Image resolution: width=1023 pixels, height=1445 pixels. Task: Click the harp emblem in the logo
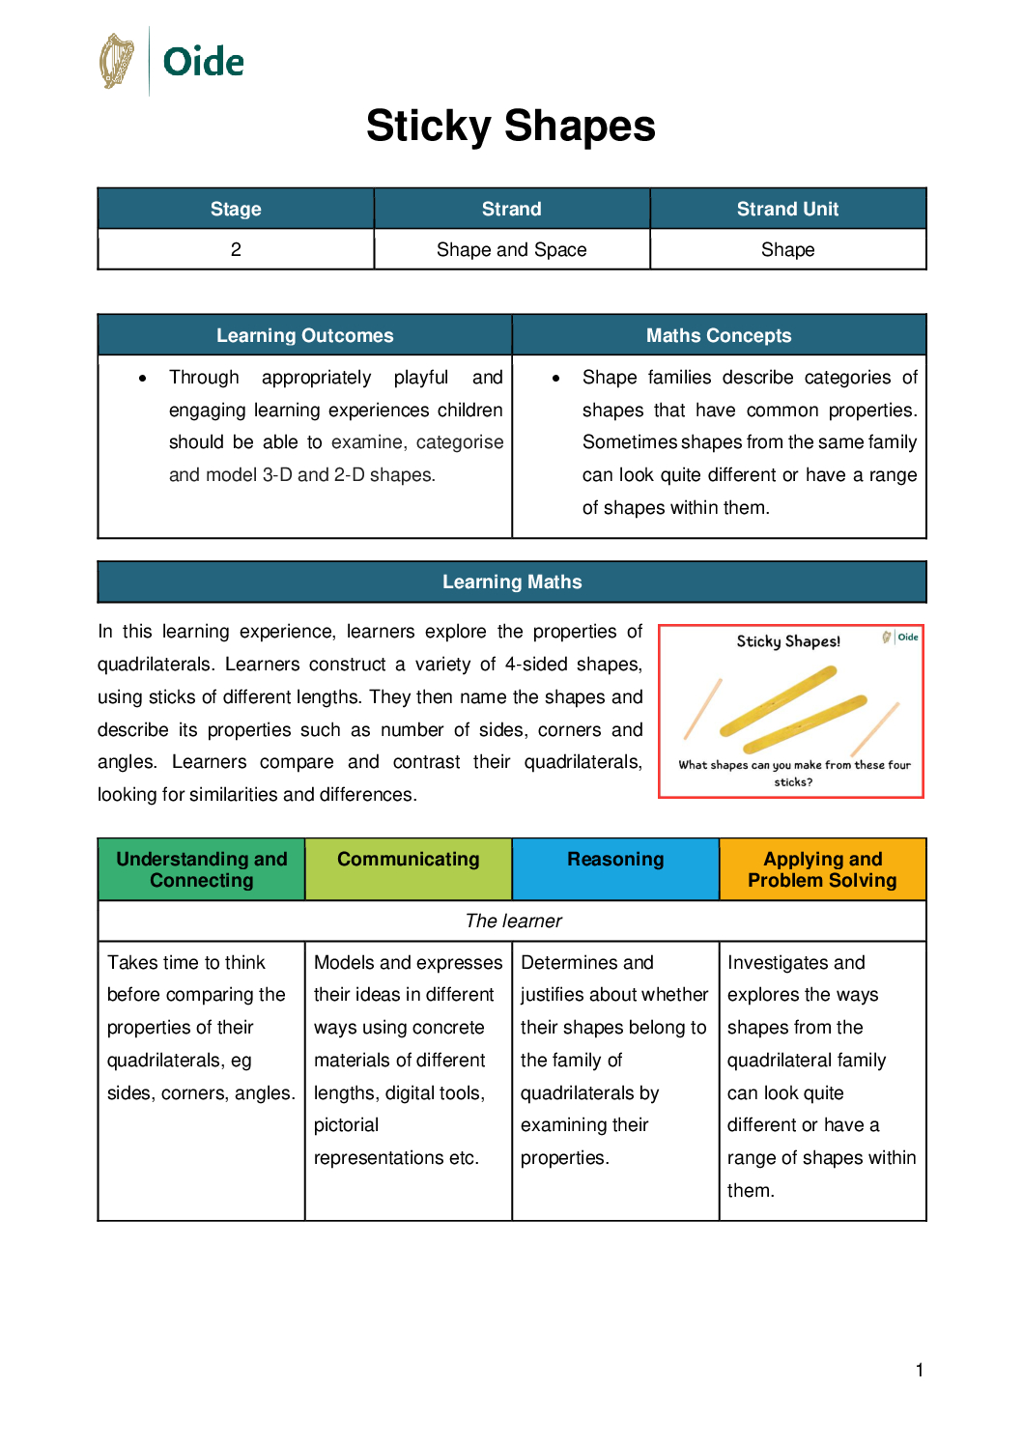click(117, 61)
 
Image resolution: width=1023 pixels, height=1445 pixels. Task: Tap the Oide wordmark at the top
click(203, 62)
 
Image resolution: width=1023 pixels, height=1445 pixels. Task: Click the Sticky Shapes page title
click(511, 126)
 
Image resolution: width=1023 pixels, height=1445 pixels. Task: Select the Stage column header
click(236, 209)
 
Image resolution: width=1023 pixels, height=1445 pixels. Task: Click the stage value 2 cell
click(236, 249)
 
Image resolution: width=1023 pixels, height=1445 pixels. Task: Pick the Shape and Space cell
click(511, 249)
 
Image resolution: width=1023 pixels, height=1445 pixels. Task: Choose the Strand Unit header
click(787, 209)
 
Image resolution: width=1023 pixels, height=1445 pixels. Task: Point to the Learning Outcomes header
click(304, 335)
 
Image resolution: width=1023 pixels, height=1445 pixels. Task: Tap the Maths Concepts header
click(719, 335)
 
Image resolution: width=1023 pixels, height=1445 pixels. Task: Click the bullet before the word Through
click(143, 378)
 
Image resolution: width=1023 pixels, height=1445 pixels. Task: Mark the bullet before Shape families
click(555, 378)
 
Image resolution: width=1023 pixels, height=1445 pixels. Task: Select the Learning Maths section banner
click(512, 581)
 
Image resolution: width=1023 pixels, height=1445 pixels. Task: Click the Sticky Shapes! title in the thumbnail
click(788, 641)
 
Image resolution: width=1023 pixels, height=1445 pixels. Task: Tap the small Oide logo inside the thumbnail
click(901, 637)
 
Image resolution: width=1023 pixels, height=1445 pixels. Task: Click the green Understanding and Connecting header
click(202, 869)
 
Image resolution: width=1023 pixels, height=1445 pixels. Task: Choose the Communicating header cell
click(408, 860)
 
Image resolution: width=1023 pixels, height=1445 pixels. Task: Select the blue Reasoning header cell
click(615, 860)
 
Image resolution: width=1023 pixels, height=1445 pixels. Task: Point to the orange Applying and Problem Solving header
click(822, 869)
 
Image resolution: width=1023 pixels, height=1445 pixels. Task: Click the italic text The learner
click(513, 921)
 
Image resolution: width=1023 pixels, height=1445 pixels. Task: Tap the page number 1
click(920, 1370)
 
